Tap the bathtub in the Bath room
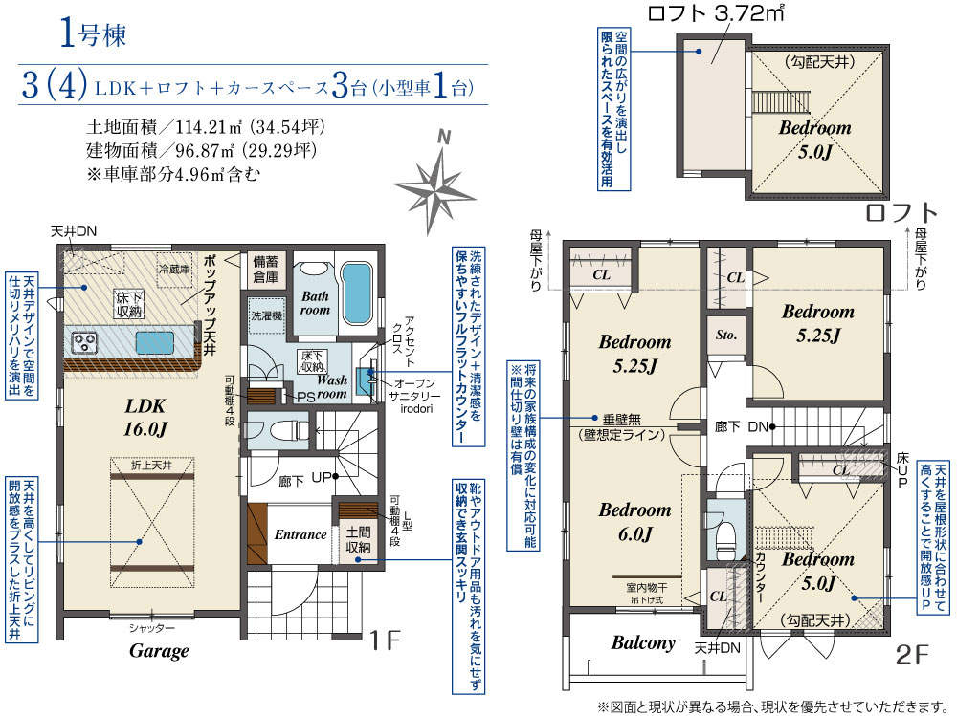point(356,294)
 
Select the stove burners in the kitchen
point(82,343)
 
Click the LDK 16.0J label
point(145,418)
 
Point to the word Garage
point(159,651)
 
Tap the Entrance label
point(300,535)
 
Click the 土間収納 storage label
point(358,540)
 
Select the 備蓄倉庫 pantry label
point(265,269)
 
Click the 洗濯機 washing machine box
point(267,315)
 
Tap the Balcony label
point(643,642)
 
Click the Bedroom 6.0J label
point(634,522)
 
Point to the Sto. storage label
point(726,335)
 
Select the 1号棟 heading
point(94,34)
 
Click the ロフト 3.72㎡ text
point(715,13)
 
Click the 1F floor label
point(385,640)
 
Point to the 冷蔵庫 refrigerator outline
point(174,269)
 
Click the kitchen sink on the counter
point(154,341)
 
